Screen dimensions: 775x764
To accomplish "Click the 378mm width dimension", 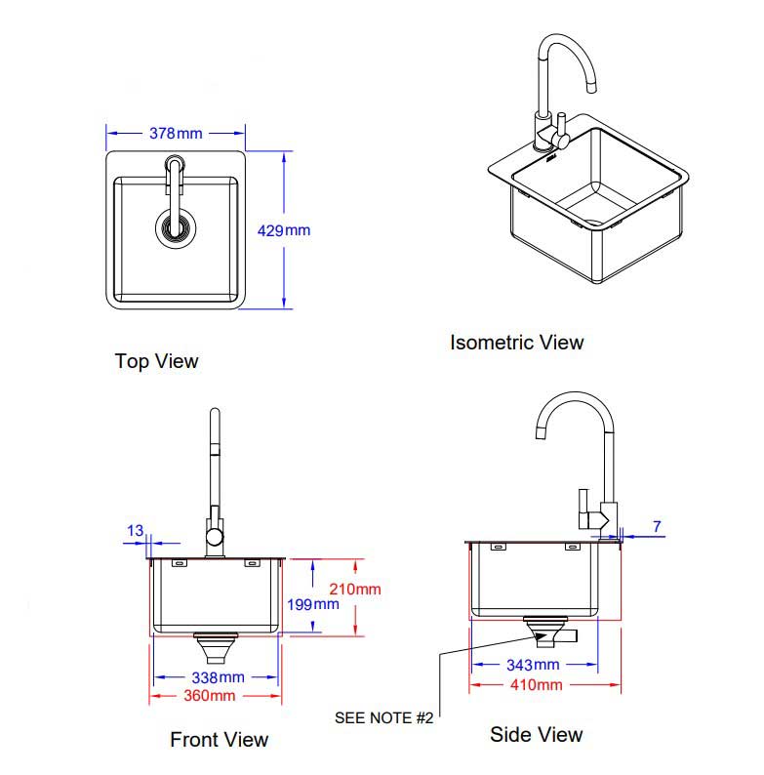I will point(176,133).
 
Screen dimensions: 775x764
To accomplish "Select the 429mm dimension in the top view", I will point(283,231).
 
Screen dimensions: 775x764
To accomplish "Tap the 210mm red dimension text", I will point(355,589).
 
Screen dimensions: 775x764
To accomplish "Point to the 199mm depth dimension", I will point(312,604).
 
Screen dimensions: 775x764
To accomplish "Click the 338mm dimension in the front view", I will point(217,677).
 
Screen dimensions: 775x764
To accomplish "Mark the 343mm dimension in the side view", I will point(533,666).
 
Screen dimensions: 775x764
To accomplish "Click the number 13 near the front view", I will point(135,531).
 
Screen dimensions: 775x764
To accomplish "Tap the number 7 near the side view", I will point(657,527).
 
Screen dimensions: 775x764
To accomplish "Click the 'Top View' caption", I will point(156,361).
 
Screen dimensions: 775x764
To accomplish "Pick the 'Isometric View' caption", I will point(516,343).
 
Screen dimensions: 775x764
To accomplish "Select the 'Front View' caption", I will point(219,740).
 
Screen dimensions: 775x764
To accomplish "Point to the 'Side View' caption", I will point(536,734).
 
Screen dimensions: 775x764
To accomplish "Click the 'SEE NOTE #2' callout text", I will point(383,717).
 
